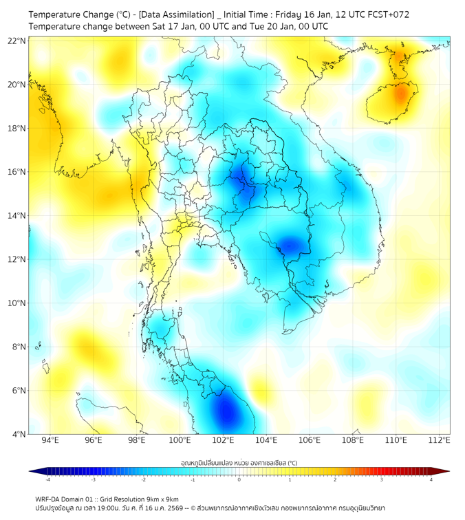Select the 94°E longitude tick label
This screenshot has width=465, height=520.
(50, 440)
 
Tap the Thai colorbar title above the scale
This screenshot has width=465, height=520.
(239, 462)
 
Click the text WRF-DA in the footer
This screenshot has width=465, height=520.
(48, 499)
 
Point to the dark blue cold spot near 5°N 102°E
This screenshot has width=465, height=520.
(226, 413)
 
